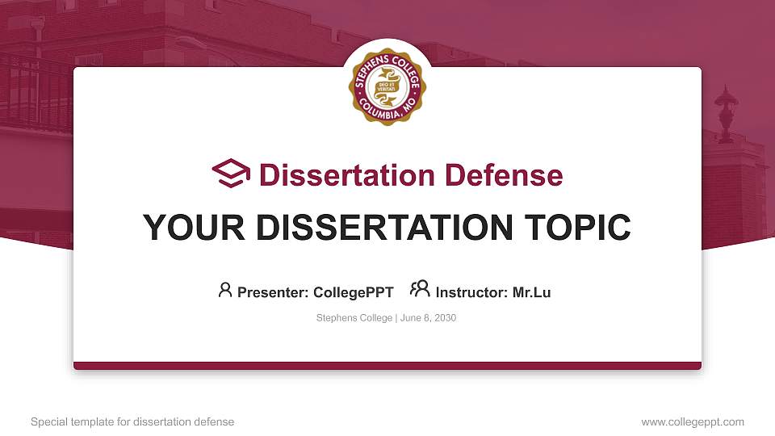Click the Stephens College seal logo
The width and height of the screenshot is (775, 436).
[x=387, y=86]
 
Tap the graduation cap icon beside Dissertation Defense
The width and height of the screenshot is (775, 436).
[x=231, y=174]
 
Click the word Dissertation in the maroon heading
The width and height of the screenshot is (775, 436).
[x=346, y=175]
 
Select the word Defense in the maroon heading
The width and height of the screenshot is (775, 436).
[x=504, y=175]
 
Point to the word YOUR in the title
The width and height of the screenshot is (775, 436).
[x=194, y=228]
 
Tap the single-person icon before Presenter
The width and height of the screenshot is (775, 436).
[x=225, y=290]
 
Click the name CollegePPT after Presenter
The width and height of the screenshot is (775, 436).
[x=354, y=292]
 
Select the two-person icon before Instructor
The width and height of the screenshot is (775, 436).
[x=420, y=289]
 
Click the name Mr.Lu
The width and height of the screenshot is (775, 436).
[x=531, y=292]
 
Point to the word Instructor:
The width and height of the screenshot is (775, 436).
[x=471, y=292]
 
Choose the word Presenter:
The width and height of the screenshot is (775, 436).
[x=273, y=292]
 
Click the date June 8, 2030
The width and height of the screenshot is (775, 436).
[x=428, y=318]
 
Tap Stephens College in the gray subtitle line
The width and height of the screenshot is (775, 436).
[x=354, y=318]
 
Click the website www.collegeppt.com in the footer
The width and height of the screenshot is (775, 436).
[x=693, y=422]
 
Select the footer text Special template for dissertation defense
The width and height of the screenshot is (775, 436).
[x=132, y=422]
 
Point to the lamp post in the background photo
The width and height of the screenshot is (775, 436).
[x=726, y=115]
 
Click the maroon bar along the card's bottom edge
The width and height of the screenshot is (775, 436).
[x=387, y=366]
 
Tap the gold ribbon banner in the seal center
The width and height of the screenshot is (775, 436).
[x=387, y=87]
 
